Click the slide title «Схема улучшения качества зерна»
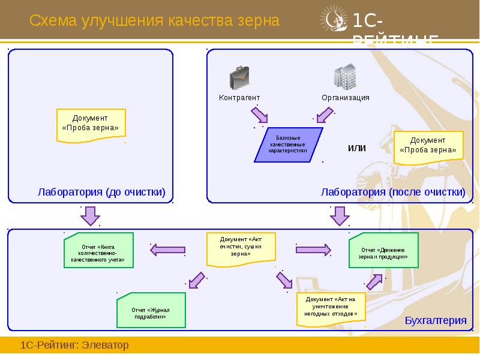click(155, 21)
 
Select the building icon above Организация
click(345, 77)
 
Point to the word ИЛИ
click(357, 148)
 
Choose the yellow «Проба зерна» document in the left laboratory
click(91, 124)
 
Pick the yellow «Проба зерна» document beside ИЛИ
click(428, 146)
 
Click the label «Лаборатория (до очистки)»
click(101, 192)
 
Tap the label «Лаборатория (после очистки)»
click(393, 192)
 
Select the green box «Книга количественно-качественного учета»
click(100, 253)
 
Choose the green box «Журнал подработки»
click(151, 310)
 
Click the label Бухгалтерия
click(435, 320)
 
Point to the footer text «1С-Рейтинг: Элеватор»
click(75, 346)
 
